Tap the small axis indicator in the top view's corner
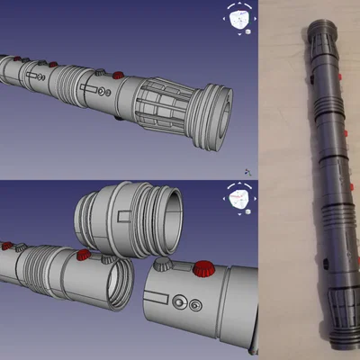coord(247,170)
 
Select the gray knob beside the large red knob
coord(163,265)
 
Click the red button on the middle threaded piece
coord(84,255)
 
